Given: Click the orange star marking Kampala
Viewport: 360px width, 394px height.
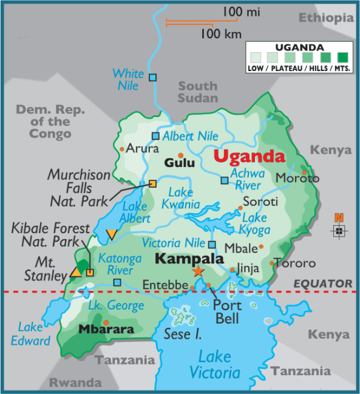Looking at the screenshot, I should click(x=198, y=271).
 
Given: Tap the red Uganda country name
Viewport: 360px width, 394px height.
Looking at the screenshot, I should click(x=249, y=157).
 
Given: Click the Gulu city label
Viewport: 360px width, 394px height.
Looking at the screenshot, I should click(x=180, y=163).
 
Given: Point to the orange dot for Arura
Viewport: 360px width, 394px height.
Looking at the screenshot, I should click(x=122, y=149).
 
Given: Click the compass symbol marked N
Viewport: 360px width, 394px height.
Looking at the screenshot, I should click(x=339, y=229).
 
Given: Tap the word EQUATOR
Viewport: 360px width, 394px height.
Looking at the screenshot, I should click(x=322, y=284).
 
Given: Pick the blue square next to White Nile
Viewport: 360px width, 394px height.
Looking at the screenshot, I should click(x=153, y=77).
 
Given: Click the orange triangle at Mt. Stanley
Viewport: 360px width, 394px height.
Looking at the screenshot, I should click(x=76, y=273).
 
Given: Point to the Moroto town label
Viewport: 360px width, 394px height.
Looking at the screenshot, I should click(x=297, y=178).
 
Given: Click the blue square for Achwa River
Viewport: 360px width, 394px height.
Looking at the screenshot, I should click(x=225, y=180).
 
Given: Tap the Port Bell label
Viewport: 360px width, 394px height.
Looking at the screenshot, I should click(x=226, y=311).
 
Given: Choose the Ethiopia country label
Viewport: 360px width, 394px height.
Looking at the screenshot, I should click(x=325, y=18).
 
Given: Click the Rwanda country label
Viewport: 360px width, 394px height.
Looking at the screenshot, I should click(x=75, y=382).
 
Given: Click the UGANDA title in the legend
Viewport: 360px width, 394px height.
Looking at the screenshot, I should click(x=299, y=47).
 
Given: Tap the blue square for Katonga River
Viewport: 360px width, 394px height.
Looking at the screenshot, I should click(x=117, y=282).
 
